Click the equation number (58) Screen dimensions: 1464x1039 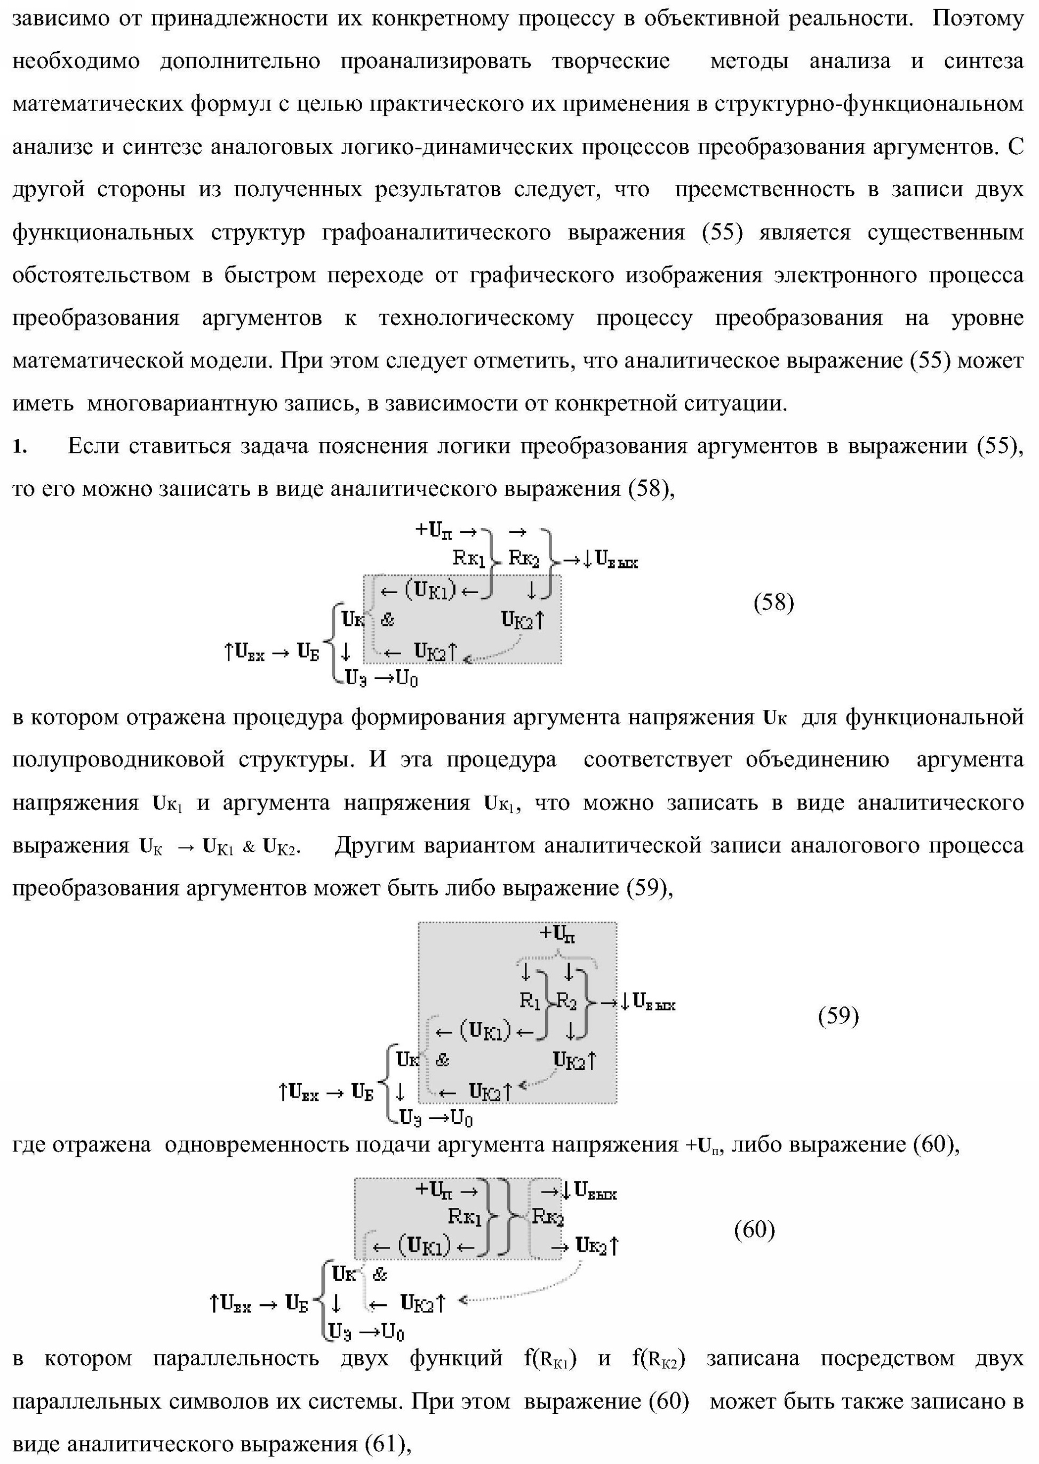click(773, 603)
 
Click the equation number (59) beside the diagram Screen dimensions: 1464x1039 click(838, 1015)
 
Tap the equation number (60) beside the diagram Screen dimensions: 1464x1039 click(754, 1229)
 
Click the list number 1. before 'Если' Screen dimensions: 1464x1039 click(20, 447)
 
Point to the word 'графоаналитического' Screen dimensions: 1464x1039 click(436, 233)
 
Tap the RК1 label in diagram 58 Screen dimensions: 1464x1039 click(469, 558)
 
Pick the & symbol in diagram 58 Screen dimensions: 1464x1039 click(388, 619)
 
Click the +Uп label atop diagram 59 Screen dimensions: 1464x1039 click(557, 933)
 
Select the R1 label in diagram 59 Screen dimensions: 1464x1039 click(530, 1001)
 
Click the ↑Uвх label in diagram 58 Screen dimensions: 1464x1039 click(244, 652)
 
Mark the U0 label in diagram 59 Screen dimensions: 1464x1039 click(461, 1118)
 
